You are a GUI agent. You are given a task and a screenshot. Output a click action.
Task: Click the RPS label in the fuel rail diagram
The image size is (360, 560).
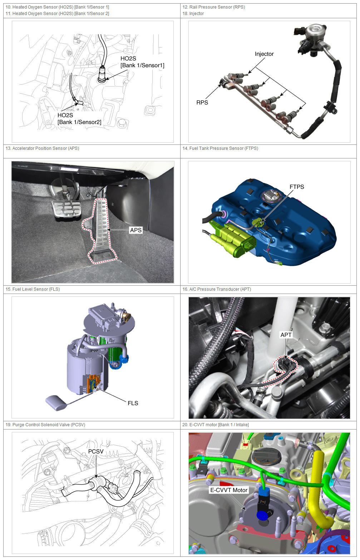click(x=202, y=103)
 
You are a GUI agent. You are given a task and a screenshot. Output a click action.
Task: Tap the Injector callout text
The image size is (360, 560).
click(x=264, y=54)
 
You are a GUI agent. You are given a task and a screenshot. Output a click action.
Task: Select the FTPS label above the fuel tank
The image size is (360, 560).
click(x=297, y=187)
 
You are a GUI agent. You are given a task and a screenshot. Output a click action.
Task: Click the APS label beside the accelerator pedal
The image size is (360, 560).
click(x=136, y=230)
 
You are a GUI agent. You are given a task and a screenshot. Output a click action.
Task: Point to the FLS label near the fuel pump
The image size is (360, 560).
click(x=133, y=403)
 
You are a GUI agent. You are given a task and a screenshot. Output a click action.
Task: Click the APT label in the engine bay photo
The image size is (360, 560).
click(x=286, y=335)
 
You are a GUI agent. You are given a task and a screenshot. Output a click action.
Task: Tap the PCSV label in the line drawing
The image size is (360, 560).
click(x=96, y=451)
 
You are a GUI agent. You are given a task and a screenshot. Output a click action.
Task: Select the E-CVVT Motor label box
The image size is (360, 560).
click(x=229, y=490)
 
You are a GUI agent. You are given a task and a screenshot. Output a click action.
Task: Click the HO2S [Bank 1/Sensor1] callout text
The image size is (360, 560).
click(x=142, y=62)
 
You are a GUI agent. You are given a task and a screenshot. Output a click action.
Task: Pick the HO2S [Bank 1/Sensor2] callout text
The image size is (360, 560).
click(x=79, y=118)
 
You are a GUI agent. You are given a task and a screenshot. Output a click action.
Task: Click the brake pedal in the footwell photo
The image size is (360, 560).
click(x=66, y=210)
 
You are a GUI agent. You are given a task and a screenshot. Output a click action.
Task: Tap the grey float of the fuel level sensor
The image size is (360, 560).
click(x=55, y=403)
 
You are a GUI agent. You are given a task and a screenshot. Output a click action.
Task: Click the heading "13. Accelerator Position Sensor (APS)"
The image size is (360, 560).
click(x=42, y=148)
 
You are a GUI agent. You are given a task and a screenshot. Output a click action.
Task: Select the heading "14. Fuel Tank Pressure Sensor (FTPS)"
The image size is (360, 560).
click(x=220, y=148)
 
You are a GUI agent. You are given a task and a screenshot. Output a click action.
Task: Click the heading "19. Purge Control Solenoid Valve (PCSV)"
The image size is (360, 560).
click(x=45, y=424)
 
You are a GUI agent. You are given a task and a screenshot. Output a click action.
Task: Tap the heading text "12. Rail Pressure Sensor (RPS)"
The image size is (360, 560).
click(x=213, y=7)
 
